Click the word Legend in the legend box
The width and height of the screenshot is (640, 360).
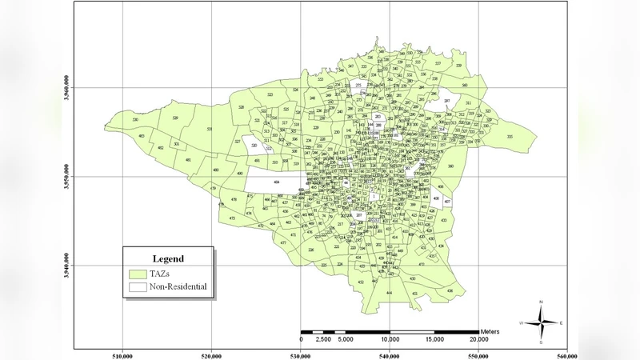tap(168, 258)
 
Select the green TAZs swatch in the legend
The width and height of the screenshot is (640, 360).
tap(138, 273)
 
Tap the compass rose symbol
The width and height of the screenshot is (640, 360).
tap(542, 322)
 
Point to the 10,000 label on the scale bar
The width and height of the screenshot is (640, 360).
tap(390, 339)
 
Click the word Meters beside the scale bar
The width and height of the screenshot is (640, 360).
tap(490, 330)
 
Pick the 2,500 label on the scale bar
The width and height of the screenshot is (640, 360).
tap(323, 339)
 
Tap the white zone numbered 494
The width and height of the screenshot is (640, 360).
tap(275, 183)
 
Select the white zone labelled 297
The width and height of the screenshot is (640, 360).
tap(446, 101)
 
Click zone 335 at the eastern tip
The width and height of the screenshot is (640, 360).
tap(510, 137)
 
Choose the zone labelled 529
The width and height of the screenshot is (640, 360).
tap(174, 118)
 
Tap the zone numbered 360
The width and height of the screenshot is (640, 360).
tap(450, 166)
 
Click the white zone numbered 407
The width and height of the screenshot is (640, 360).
tap(447, 201)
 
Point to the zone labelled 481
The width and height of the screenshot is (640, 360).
tap(188, 160)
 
